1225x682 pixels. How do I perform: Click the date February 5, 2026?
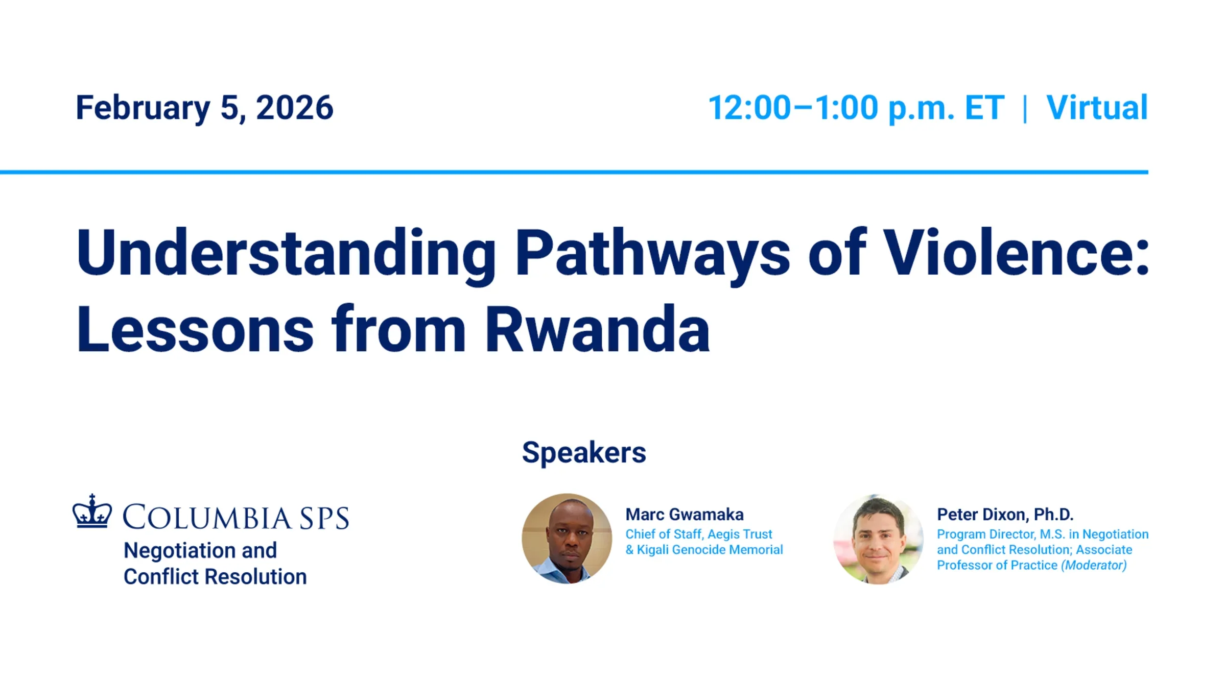pyautogui.click(x=204, y=108)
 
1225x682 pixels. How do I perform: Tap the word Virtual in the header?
pyautogui.click(x=1097, y=108)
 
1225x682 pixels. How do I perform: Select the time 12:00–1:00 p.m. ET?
pyautogui.click(x=856, y=108)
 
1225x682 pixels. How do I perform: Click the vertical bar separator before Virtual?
pyautogui.click(x=1025, y=108)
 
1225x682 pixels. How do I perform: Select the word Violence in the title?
pyautogui.click(x=1009, y=252)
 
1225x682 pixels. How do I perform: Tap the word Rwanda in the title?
pyautogui.click(x=597, y=329)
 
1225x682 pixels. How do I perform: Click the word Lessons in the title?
pyautogui.click(x=195, y=329)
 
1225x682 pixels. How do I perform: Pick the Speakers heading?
pyautogui.click(x=584, y=453)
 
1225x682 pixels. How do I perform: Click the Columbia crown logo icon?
pyautogui.click(x=92, y=511)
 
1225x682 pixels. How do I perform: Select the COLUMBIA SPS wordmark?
pyautogui.click(x=236, y=518)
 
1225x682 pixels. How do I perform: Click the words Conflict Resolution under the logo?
pyautogui.click(x=215, y=577)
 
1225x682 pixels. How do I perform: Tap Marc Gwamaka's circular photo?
pyautogui.click(x=567, y=539)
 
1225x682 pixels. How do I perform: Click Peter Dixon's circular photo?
pyautogui.click(x=878, y=539)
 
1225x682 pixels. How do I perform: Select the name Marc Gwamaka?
pyautogui.click(x=685, y=515)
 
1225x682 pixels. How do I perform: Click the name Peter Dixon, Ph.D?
pyautogui.click(x=1005, y=515)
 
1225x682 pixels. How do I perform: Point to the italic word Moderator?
pyautogui.click(x=1094, y=566)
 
